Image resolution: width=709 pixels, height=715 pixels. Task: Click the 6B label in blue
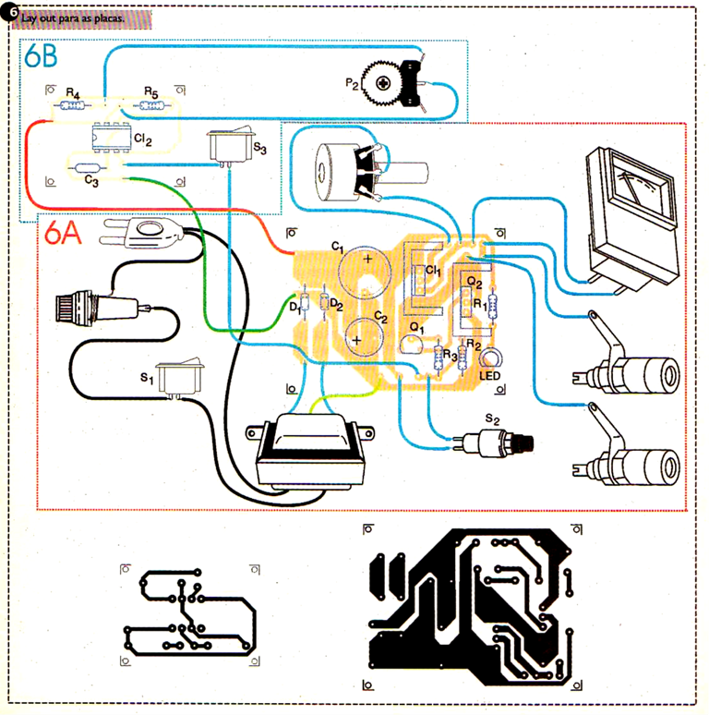pos(41,55)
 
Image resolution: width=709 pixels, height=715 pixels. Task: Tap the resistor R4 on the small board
pos(72,106)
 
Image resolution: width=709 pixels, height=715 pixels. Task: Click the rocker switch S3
pos(230,145)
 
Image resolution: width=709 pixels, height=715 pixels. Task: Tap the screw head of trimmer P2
pos(383,83)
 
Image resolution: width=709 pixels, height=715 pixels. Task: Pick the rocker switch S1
pos(179,377)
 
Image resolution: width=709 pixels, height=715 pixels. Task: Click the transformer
pos(310,452)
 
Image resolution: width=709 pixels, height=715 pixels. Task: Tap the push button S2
pos(492,442)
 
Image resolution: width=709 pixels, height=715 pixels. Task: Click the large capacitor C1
pos(365,272)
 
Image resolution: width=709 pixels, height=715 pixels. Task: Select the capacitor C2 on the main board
pos(364,337)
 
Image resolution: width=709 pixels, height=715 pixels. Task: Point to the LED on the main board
pos(490,357)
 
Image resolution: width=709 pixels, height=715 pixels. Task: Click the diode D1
pos(305,302)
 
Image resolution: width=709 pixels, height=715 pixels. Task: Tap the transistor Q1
pos(411,345)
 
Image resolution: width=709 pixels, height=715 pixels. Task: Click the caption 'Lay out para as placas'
pos(72,18)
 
